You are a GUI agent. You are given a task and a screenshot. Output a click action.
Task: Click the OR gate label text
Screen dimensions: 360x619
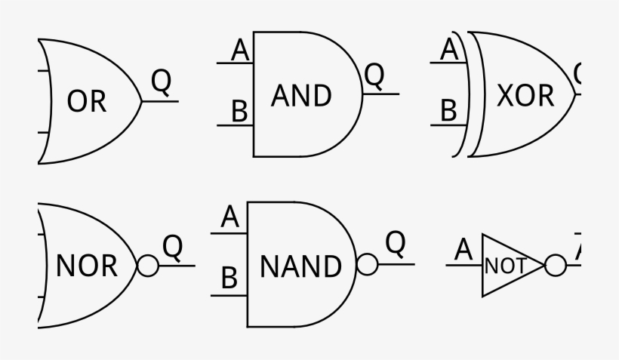87,102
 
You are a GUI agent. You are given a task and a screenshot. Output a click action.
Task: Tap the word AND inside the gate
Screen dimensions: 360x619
301,96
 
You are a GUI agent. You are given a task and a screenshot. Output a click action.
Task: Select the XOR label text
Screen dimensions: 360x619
525,96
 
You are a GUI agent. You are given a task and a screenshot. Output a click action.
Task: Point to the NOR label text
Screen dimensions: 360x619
87,266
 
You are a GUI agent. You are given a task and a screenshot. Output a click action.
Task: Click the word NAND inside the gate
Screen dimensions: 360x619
300,266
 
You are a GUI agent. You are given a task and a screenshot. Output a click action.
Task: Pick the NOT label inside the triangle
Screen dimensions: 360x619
505,266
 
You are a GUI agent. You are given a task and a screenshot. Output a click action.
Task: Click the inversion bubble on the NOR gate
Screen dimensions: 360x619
148,266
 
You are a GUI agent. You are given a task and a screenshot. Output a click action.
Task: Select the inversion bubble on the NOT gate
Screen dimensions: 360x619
555,266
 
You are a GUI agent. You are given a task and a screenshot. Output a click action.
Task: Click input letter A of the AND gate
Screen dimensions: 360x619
240,51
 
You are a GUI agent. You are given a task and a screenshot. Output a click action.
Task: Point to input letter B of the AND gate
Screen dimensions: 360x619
240,112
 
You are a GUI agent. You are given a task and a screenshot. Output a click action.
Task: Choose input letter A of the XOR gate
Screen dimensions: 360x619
449,50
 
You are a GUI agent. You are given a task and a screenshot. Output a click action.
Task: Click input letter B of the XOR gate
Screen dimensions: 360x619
449,112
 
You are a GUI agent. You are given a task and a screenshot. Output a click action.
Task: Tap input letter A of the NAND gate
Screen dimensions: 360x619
230,218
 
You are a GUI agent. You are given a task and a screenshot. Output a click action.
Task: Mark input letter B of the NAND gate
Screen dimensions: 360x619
229,280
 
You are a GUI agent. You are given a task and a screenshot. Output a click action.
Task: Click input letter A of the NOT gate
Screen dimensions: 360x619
463,250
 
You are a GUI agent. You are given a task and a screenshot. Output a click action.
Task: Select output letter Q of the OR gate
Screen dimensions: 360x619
161,81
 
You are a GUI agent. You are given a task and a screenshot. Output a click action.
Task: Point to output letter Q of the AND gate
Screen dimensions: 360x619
374,74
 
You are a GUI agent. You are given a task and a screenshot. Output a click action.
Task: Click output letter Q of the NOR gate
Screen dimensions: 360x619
173,246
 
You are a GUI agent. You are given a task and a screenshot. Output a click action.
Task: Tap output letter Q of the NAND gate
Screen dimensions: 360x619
396,244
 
